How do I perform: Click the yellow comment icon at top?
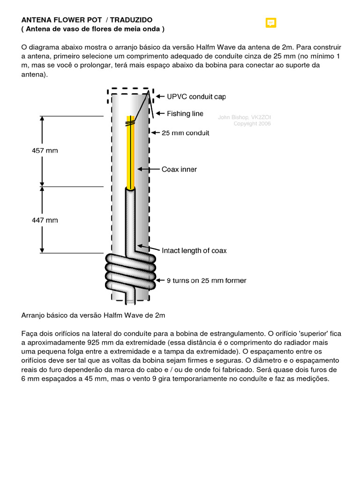(x=270, y=22)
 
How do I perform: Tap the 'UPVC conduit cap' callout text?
(x=196, y=97)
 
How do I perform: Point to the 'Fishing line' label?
(x=185, y=113)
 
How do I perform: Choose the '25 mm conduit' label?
(x=185, y=133)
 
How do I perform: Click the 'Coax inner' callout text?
(x=179, y=169)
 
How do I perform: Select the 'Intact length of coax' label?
(x=194, y=251)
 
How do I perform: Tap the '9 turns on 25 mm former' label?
(x=207, y=281)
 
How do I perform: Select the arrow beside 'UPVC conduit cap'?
(x=159, y=97)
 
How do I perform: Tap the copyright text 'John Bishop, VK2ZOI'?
(x=244, y=117)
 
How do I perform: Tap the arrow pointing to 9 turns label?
(x=160, y=281)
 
